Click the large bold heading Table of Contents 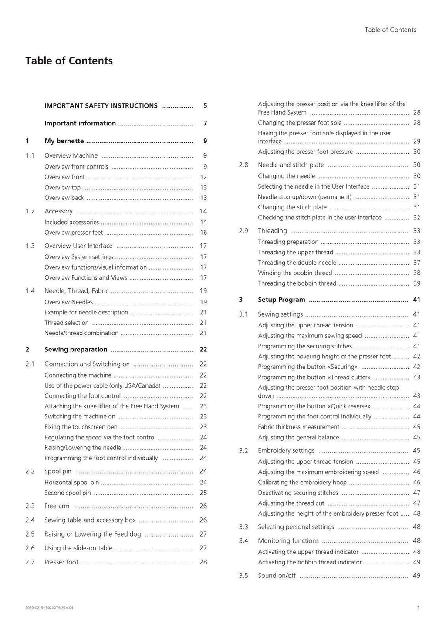pyautogui.click(x=69, y=61)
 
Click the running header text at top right pyautogui.click(x=390, y=30)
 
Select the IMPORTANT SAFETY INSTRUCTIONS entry pyautogui.click(x=101, y=106)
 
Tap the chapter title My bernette pyautogui.click(x=64, y=141)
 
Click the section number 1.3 pyautogui.click(x=30, y=246)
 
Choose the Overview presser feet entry pyautogui.click(x=74, y=233)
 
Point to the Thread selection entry pyautogui.click(x=67, y=323)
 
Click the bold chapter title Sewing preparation pyautogui.click(x=76, y=350)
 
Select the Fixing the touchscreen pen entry pyautogui.click(x=81, y=427)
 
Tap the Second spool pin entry pyautogui.click(x=68, y=493)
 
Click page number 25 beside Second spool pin pyautogui.click(x=203, y=493)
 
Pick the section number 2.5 pyautogui.click(x=30, y=534)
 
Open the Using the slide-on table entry pyautogui.click(x=78, y=548)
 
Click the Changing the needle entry pyautogui.click(x=287, y=176)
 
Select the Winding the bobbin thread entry pyautogui.click(x=295, y=273)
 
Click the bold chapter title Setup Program pyautogui.click(x=281, y=300)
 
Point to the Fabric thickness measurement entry pyautogui.click(x=298, y=427)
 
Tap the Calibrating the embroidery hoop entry pyautogui.click(x=302, y=483)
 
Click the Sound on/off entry pyautogui.click(x=277, y=576)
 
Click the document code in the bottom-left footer pyautogui.click(x=49, y=608)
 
